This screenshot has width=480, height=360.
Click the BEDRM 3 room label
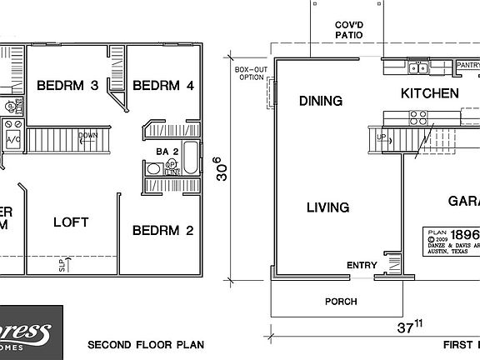tap(68, 86)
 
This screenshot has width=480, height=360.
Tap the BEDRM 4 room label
tap(163, 86)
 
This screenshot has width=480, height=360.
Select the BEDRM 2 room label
tap(162, 230)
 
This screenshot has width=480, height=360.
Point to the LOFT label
tap(71, 222)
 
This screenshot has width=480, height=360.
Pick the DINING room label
tap(321, 102)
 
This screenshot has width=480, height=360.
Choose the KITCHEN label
tap(429, 93)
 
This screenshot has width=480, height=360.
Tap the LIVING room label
tap(327, 207)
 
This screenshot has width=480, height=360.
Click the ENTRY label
tap(362, 267)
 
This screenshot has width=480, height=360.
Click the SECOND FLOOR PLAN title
tap(146, 344)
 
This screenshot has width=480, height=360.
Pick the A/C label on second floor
tap(14, 141)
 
